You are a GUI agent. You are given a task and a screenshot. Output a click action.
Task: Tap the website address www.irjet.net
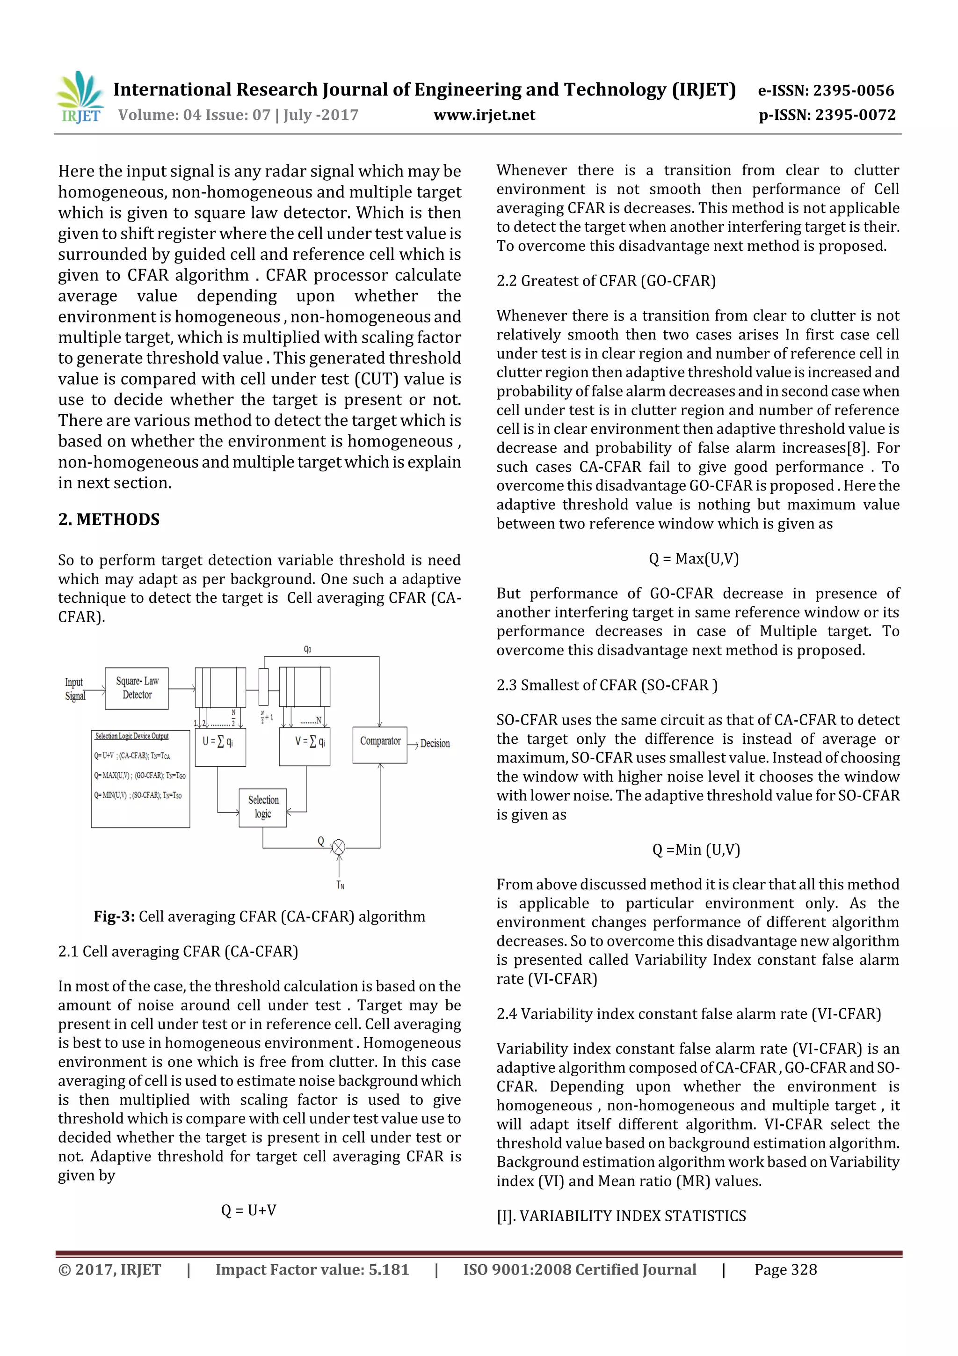pos(484,115)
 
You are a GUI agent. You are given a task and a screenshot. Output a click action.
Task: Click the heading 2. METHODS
pos(109,519)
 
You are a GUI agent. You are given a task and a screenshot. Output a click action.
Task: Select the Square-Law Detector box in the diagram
pos(137,688)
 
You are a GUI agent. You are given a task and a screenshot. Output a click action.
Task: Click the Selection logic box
pos(263,807)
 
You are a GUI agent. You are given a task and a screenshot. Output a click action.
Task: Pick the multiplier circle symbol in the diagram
pos(338,848)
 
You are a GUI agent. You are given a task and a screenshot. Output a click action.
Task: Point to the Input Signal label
pos(75,689)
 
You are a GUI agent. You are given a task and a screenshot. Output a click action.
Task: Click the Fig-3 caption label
pos(114,916)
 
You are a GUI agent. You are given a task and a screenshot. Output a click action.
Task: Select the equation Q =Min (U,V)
pos(696,849)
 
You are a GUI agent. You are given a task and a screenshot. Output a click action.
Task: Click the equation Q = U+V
pos(248,1210)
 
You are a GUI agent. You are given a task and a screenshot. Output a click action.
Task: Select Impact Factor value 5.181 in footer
pos(312,1270)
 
